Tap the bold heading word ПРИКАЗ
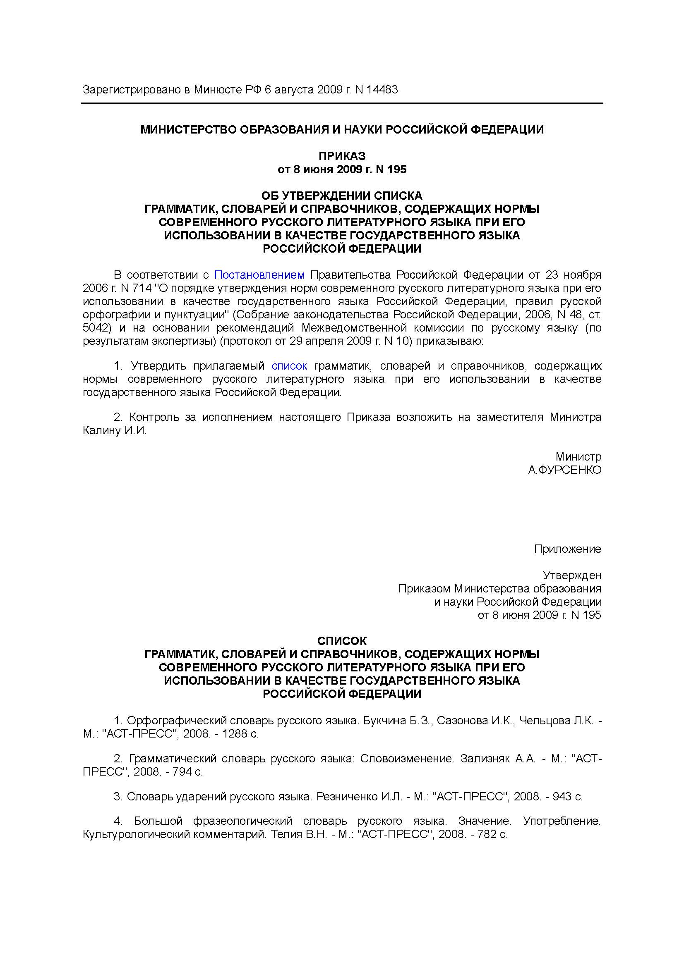click(342, 156)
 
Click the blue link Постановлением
click(259, 275)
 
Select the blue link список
click(289, 365)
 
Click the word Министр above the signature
click(578, 456)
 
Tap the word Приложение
click(567, 549)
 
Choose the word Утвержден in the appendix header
click(571, 575)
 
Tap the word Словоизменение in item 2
click(407, 759)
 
